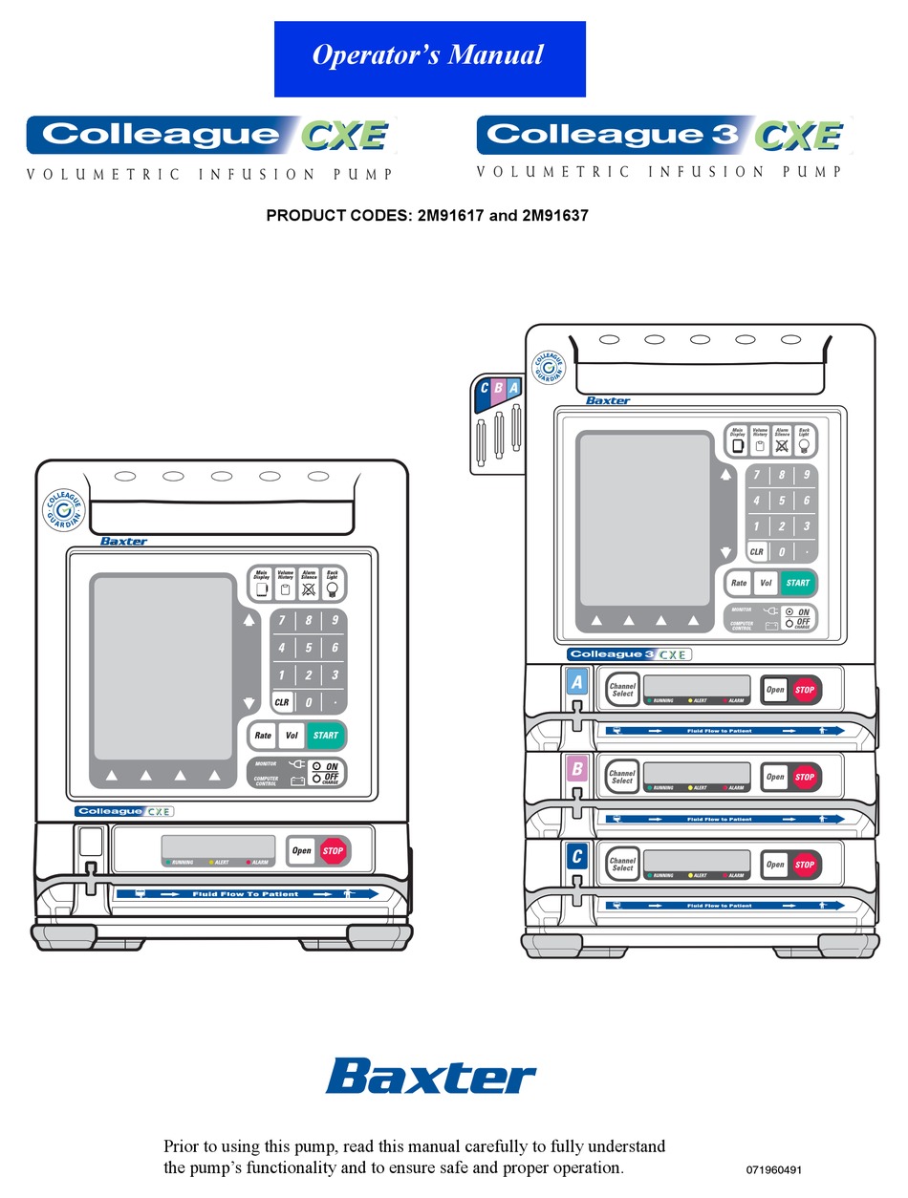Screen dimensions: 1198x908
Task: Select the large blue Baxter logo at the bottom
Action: [431, 1076]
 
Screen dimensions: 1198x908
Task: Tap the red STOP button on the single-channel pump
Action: [333, 850]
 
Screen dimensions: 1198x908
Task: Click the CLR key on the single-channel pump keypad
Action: [282, 702]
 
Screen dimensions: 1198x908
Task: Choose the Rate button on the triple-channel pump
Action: [739, 583]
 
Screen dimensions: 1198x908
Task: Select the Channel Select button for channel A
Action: [622, 689]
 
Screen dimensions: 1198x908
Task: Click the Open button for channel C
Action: [775, 865]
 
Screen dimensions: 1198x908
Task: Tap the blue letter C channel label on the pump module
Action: [576, 858]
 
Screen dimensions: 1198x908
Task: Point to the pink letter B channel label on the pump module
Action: [576, 770]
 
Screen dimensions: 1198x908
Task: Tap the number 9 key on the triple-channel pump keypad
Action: [807, 475]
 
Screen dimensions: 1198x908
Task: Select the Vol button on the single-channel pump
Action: [291, 736]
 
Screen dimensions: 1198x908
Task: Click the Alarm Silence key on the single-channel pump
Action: [309, 584]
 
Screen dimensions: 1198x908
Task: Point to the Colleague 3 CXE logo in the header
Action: [663, 135]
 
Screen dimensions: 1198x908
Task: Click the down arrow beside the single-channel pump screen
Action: [249, 703]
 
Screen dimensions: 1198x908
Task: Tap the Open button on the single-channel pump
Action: [301, 850]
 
